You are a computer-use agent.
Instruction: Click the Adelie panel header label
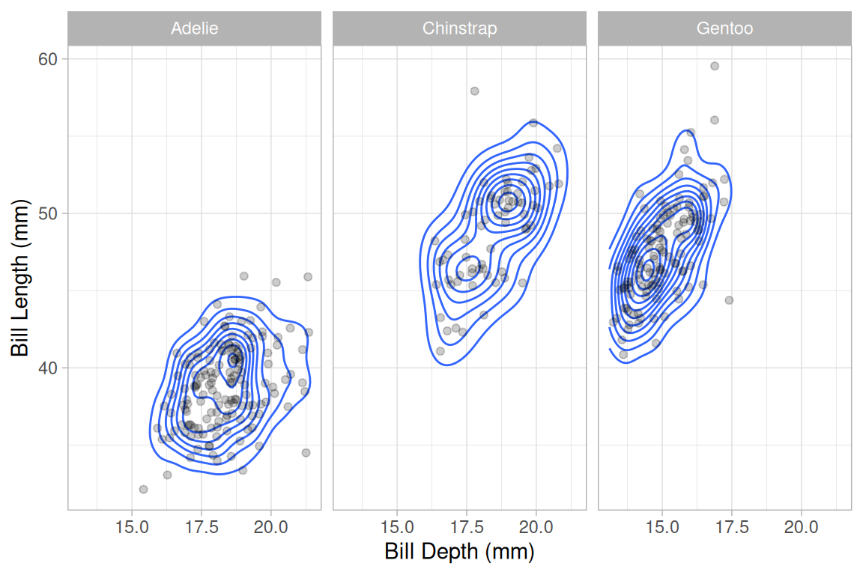[195, 29]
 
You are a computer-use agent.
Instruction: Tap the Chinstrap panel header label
[459, 29]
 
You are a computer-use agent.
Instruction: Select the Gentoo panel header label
[724, 29]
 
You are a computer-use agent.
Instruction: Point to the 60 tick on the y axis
[48, 59]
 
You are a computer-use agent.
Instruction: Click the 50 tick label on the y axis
[48, 213]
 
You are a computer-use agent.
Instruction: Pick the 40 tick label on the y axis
[48, 368]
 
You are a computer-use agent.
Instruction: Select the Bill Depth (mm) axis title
[459, 553]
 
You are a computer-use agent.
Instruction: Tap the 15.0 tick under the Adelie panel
[132, 526]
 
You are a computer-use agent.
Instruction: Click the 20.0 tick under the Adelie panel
[270, 526]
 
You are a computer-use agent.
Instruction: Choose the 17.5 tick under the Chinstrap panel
[467, 526]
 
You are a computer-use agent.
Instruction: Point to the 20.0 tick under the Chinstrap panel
[536, 526]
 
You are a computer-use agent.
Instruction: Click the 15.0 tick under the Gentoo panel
[662, 526]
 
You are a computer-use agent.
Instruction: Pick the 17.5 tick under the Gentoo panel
[732, 526]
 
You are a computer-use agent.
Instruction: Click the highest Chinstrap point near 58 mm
[474, 91]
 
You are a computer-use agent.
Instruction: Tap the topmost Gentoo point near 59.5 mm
[715, 66]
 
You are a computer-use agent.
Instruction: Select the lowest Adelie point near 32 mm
[143, 489]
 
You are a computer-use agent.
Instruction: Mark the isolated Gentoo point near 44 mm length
[729, 300]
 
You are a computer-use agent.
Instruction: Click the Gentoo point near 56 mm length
[714, 120]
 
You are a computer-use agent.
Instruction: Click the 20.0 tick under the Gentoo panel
[801, 526]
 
